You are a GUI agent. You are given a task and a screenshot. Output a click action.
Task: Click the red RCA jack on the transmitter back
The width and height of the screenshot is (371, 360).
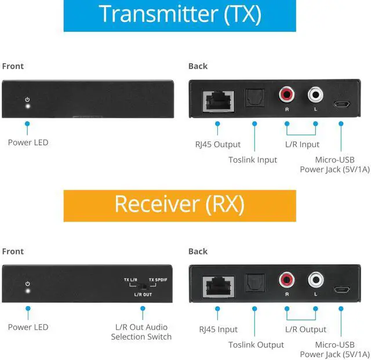click(286, 94)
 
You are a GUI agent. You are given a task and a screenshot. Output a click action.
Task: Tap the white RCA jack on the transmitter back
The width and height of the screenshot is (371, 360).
click(315, 94)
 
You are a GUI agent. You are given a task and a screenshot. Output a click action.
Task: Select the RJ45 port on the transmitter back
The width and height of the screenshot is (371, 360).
click(219, 101)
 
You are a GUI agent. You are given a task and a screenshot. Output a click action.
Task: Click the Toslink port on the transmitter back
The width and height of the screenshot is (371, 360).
click(254, 98)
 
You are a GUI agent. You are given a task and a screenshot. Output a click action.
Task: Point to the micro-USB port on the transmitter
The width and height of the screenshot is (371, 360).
click(341, 104)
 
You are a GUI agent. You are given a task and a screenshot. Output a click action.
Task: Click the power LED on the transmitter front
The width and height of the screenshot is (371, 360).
click(28, 106)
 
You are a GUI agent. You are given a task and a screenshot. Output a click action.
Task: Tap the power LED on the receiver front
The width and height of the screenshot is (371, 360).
click(28, 290)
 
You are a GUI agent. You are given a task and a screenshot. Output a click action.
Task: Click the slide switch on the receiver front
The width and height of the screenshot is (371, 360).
click(143, 287)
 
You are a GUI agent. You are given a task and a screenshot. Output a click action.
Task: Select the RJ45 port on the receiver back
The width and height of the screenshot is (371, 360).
click(219, 286)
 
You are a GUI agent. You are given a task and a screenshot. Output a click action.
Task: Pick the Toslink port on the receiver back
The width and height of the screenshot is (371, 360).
click(255, 283)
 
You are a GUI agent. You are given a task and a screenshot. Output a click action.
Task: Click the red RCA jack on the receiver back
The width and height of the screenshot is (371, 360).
click(287, 279)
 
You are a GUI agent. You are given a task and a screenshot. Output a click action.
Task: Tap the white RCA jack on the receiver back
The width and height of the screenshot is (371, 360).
click(315, 279)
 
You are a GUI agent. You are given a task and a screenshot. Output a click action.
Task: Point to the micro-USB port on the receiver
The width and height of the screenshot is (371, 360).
click(342, 289)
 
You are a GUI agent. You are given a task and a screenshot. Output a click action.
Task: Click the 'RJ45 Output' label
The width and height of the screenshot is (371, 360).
click(218, 144)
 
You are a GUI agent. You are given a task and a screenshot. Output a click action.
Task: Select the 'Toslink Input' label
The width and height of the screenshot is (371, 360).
click(253, 160)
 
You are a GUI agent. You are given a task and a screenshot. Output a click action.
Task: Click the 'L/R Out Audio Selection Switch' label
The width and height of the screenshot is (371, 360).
click(141, 332)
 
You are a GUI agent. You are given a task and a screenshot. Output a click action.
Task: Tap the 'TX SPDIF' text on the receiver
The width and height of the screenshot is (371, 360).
click(158, 280)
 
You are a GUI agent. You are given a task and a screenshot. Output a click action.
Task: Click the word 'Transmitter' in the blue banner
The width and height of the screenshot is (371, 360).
click(158, 14)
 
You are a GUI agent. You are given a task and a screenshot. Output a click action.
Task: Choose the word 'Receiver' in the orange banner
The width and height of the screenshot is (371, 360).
click(157, 204)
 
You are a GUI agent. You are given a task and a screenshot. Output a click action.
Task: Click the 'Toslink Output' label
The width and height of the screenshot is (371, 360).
click(256, 345)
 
